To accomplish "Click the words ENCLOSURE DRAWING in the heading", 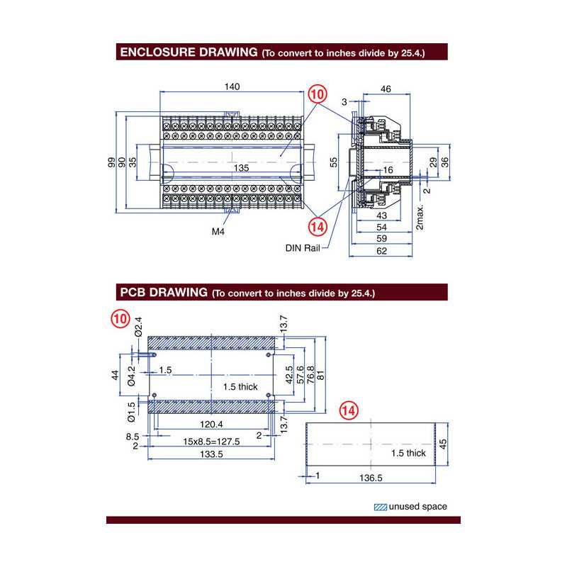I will [188, 52].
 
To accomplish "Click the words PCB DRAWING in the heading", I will [163, 292].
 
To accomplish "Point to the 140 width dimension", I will [232, 86].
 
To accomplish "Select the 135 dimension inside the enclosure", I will [241, 168].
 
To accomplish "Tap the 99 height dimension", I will [111, 162].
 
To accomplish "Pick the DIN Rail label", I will [302, 248].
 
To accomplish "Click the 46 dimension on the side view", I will [386, 89].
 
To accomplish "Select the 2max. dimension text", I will [420, 218].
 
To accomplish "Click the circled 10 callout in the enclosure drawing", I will [318, 93].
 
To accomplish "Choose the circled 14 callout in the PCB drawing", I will [349, 410].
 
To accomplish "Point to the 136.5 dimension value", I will [370, 478].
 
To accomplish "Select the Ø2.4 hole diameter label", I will [138, 325].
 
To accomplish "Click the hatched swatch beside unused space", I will [380, 507].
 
